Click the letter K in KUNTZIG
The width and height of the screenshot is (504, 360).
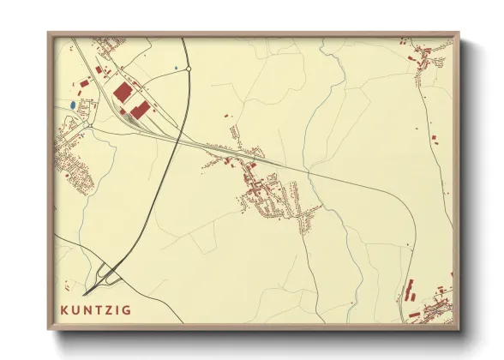click(x=65, y=310)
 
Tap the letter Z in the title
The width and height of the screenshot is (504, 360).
click(x=108, y=310)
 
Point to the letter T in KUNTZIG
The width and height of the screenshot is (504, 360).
click(x=98, y=310)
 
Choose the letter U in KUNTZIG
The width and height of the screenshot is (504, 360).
click(x=76, y=310)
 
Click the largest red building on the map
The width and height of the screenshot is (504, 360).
click(x=123, y=92)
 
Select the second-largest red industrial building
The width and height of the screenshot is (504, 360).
click(x=140, y=111)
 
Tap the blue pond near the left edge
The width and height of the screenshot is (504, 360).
click(x=73, y=105)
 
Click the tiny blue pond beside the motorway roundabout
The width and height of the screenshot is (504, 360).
click(x=177, y=68)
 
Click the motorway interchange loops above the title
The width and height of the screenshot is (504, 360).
click(x=108, y=274)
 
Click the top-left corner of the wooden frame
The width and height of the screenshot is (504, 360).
click(x=49, y=33)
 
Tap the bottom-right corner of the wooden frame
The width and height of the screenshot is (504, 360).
click(x=459, y=330)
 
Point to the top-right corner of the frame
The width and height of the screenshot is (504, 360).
click(x=459, y=33)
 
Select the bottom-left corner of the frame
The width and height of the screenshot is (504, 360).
click(x=49, y=330)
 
